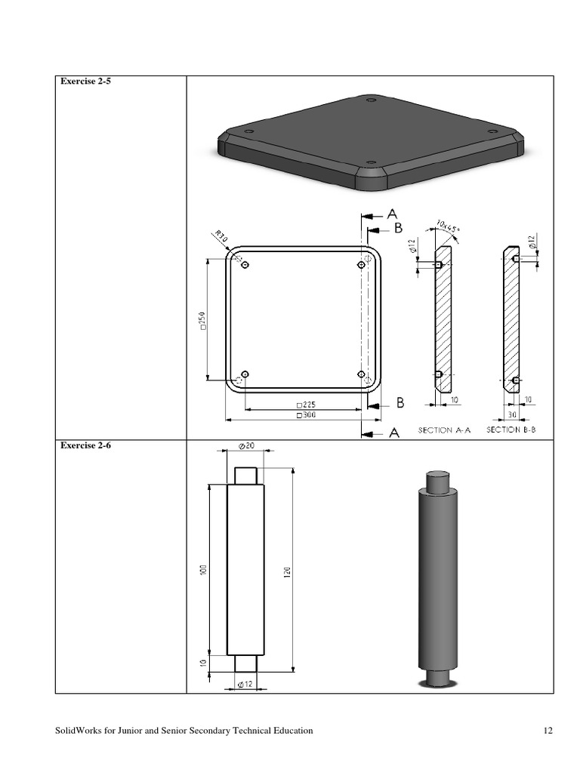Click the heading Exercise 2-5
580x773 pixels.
pyautogui.click(x=85, y=81)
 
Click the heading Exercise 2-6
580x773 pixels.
pyautogui.click(x=85, y=445)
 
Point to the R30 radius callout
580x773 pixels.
pyautogui.click(x=221, y=238)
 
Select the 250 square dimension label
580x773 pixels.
pyautogui.click(x=201, y=320)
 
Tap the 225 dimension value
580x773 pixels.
pyautogui.click(x=306, y=405)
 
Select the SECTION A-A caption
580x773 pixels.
pyautogui.click(x=444, y=430)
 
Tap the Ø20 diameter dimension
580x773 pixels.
pyautogui.click(x=245, y=447)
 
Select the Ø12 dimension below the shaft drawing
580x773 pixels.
pyautogui.click(x=245, y=684)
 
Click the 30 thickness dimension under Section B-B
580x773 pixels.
pyautogui.click(x=511, y=414)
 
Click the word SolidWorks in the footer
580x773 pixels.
pyautogui.click(x=79, y=731)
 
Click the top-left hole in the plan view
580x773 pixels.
pyautogui.click(x=244, y=265)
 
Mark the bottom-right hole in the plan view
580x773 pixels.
pyautogui.click(x=361, y=374)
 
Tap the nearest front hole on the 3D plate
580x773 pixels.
pyautogui.click(x=370, y=162)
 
